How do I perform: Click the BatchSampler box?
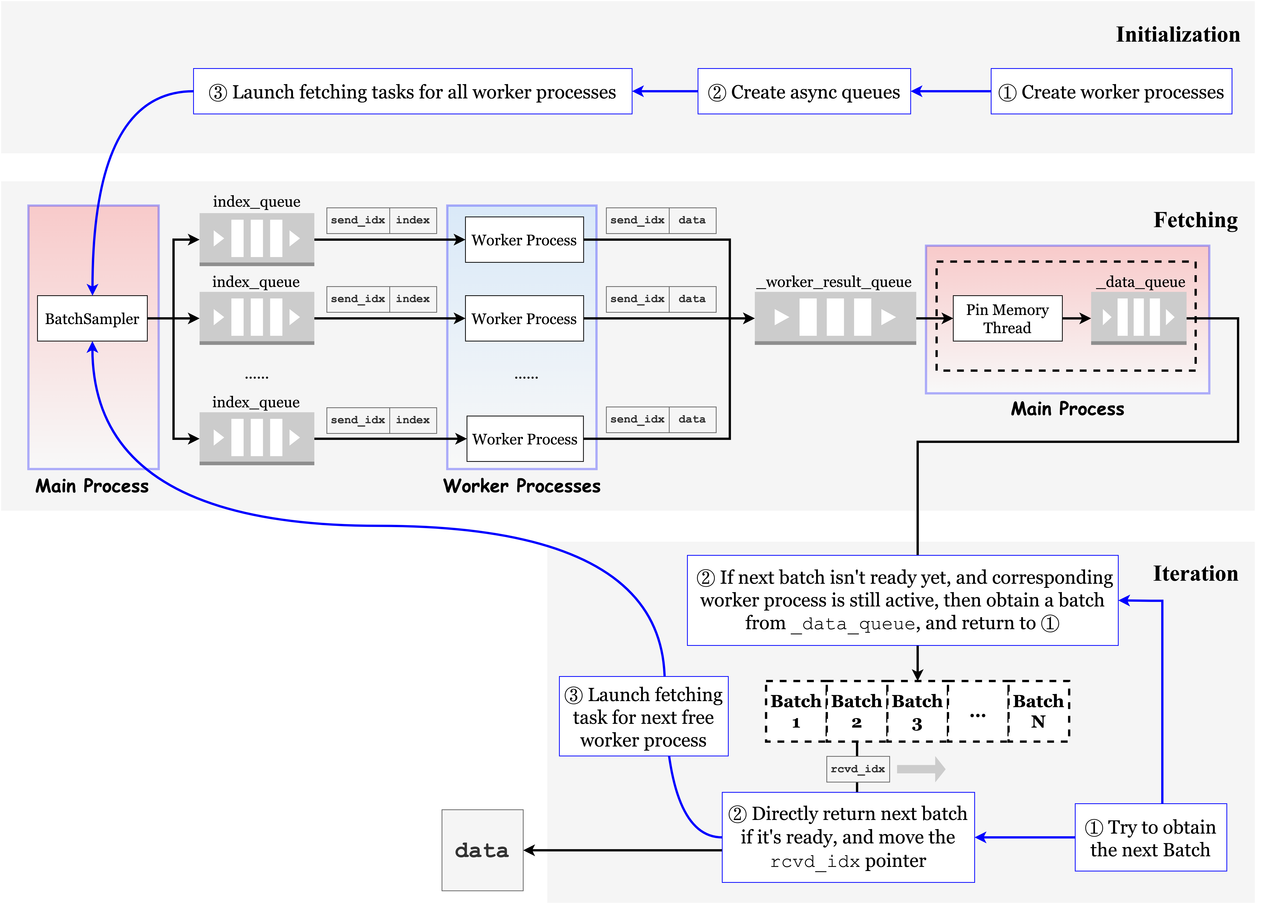92,318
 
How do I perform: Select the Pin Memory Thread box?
1007,318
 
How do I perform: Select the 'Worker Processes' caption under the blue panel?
522,486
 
